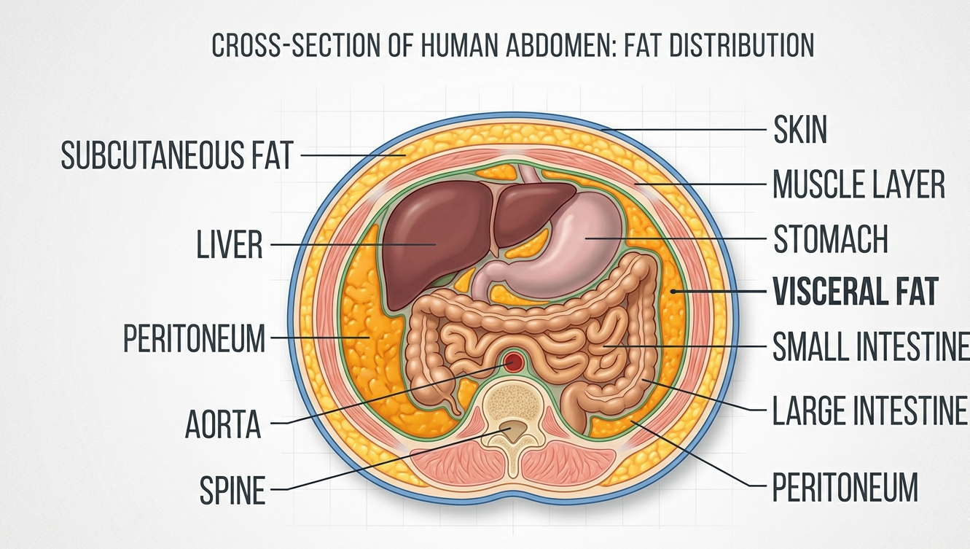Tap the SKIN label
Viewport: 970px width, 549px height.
(800, 130)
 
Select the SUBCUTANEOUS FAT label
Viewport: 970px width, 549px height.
(177, 155)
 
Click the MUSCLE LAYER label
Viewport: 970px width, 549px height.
(858, 184)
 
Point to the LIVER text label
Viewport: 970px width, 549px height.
(230, 244)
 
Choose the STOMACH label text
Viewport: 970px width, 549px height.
(831, 238)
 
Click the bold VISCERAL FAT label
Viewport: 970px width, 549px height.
(856, 291)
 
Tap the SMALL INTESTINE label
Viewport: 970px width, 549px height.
(871, 346)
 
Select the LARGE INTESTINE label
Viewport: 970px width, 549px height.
(869, 410)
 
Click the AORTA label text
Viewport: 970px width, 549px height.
(223, 424)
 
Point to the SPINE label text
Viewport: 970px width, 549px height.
(232, 490)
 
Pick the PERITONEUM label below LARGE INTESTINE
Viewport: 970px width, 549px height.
(845, 487)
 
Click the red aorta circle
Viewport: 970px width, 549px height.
(514, 362)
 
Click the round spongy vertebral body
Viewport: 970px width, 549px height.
(514, 403)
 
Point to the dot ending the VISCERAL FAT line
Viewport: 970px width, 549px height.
(673, 291)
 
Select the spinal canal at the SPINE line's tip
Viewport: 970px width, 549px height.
(513, 430)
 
